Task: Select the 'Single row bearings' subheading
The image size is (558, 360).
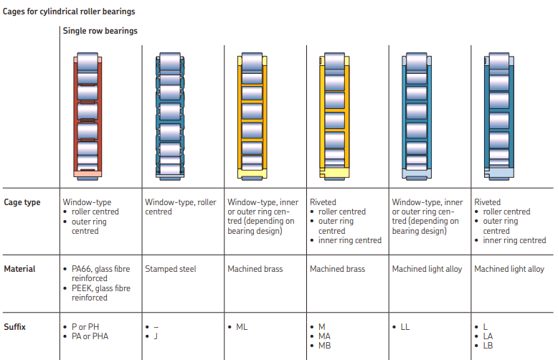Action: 100,31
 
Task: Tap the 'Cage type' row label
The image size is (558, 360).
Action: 22,202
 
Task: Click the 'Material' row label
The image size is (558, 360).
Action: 19,269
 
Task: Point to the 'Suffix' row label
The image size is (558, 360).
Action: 15,327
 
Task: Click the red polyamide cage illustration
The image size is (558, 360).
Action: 88,115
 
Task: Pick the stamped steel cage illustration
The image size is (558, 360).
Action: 170,115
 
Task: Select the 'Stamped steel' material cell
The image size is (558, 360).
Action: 171,269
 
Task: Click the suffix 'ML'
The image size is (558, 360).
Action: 242,327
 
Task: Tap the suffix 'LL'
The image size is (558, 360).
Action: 405,327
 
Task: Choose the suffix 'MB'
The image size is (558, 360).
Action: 325,346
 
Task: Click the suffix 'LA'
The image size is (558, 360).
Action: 488,336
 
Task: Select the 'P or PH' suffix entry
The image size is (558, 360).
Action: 85,327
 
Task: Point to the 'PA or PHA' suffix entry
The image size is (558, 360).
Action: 90,336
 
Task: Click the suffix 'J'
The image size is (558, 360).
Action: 157,336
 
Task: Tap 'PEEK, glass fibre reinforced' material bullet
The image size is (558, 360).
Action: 100,293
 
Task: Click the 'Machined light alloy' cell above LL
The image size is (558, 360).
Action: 427,269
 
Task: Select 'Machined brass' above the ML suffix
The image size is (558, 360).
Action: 255,269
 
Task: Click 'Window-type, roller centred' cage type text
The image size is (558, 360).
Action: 180,207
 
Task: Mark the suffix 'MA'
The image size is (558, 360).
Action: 325,336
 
